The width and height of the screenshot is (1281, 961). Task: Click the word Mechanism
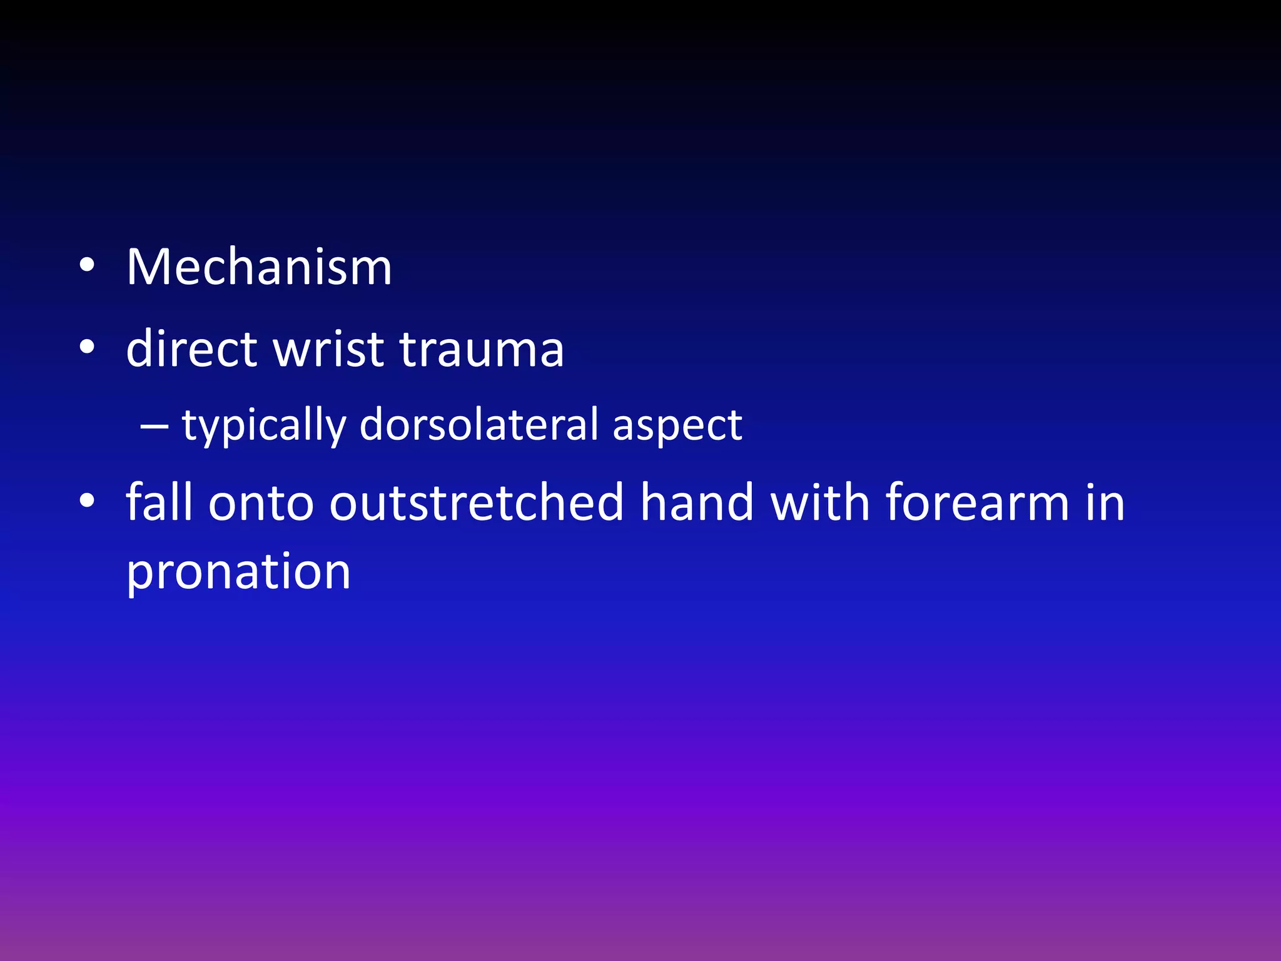click(259, 268)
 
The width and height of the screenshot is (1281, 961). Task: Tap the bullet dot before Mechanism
click(87, 266)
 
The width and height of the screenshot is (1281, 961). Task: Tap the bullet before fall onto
click(87, 501)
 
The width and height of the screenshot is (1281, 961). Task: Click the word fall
click(159, 502)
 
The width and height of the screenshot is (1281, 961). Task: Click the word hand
click(697, 502)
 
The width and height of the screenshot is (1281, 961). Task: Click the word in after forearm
click(1105, 502)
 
